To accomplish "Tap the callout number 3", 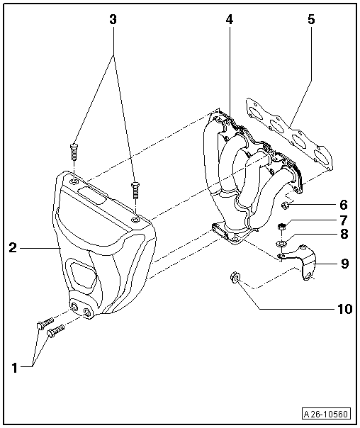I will pyautogui.click(x=112, y=20).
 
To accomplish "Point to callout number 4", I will pyautogui.click(x=229, y=20).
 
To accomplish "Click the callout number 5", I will pyautogui.click(x=310, y=20).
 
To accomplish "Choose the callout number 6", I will pyautogui.click(x=343, y=204).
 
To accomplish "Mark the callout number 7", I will pyautogui.click(x=343, y=220).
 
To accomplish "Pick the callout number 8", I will pyautogui.click(x=343, y=235).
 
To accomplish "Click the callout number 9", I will pyautogui.click(x=344, y=264).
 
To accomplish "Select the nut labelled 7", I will pyautogui.click(x=281, y=227).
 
